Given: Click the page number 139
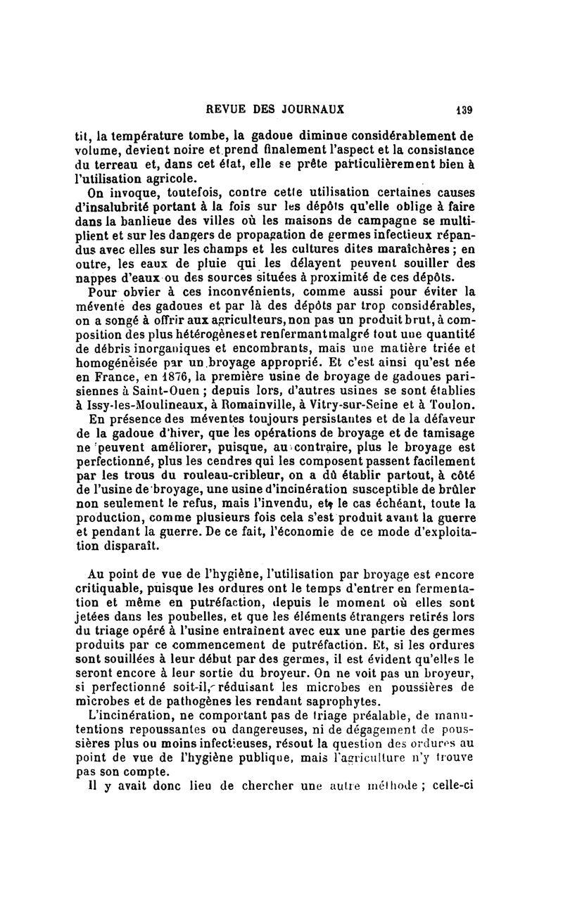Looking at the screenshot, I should (463, 110).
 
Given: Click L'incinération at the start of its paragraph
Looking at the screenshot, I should (128, 717).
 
